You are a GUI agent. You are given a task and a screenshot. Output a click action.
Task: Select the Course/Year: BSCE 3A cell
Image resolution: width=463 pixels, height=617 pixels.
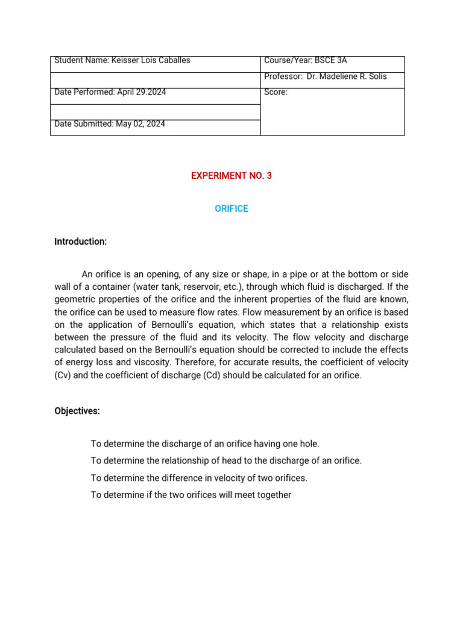coord(306,60)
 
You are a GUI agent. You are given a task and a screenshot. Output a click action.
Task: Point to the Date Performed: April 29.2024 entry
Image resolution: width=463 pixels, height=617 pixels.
coord(110,92)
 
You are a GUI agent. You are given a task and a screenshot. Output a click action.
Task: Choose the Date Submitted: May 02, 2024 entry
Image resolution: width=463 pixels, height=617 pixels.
coord(110,124)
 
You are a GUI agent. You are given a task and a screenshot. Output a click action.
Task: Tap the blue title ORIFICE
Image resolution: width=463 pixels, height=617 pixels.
coord(231,208)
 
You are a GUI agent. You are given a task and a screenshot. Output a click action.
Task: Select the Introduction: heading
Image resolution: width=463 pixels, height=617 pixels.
coord(80,242)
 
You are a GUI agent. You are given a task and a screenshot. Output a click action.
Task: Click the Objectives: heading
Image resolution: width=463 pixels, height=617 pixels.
coord(77,411)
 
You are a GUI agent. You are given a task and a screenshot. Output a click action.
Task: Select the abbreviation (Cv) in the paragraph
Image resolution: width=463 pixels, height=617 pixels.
coord(63,375)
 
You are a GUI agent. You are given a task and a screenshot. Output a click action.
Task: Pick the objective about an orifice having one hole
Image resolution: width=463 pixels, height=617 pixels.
coord(205,443)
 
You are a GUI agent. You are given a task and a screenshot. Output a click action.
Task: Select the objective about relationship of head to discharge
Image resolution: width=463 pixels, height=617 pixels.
coord(226,460)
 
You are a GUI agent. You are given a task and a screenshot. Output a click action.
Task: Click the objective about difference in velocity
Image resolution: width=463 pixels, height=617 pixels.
coord(199,478)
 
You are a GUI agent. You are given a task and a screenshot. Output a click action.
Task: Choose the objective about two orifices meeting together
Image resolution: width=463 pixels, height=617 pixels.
coord(191,495)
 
